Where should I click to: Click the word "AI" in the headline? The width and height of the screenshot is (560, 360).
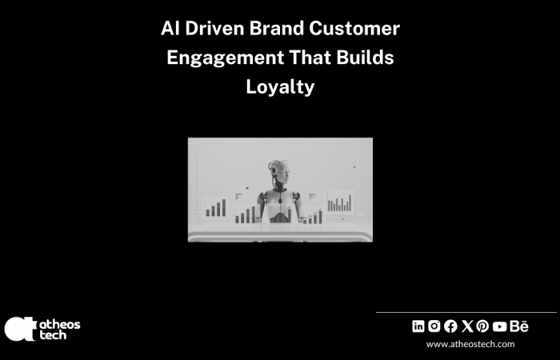click(x=170, y=30)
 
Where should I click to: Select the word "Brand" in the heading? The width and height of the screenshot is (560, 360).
click(x=279, y=30)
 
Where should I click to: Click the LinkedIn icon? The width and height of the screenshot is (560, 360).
click(x=418, y=326)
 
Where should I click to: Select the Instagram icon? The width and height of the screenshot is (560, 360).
click(x=434, y=326)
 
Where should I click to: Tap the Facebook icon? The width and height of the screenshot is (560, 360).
click(x=450, y=326)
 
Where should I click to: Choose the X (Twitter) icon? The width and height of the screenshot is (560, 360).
click(x=467, y=326)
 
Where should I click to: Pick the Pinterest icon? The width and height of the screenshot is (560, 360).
click(x=482, y=326)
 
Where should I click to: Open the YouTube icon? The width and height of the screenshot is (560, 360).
click(x=500, y=326)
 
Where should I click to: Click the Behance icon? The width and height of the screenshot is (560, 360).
click(x=519, y=326)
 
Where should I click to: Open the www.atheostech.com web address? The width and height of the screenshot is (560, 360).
click(x=470, y=344)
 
